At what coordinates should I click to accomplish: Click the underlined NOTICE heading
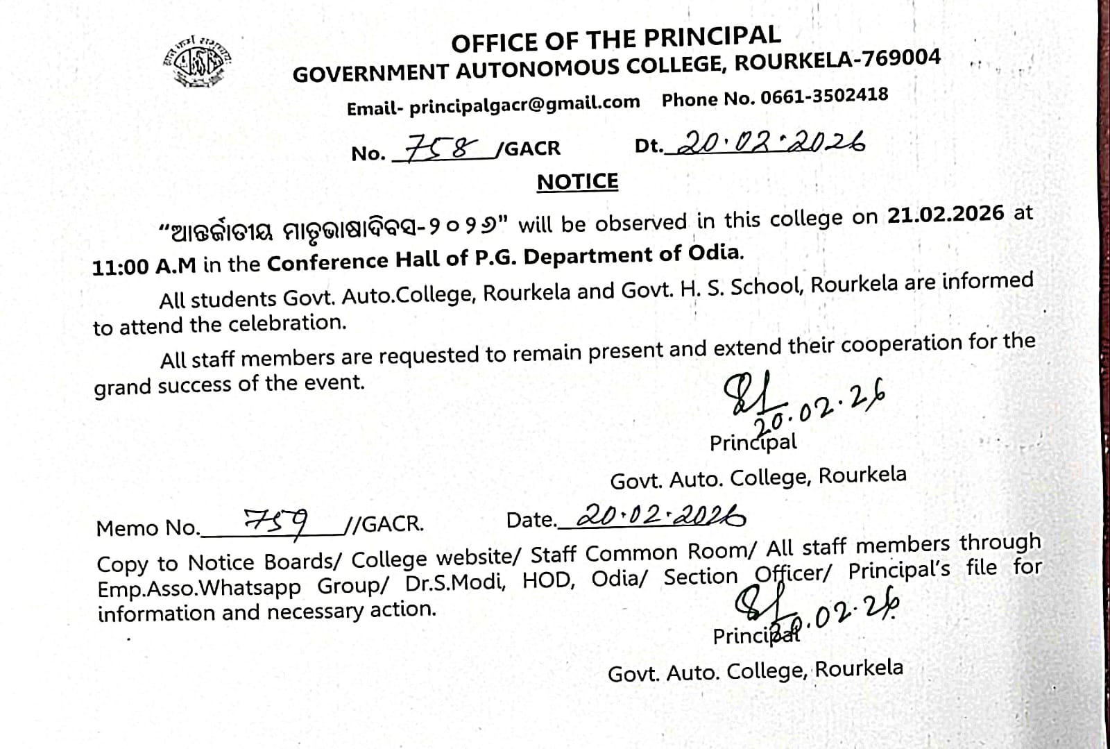pyautogui.click(x=577, y=182)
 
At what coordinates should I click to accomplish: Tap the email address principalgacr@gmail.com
pyautogui.click(x=524, y=105)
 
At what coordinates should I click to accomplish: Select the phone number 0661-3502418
pyautogui.click(x=824, y=96)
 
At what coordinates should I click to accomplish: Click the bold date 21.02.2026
pyautogui.click(x=945, y=214)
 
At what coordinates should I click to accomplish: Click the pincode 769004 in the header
pyautogui.click(x=901, y=58)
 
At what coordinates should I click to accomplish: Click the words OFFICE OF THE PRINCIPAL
pyautogui.click(x=615, y=39)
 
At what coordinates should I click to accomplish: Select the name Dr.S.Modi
pyautogui.click(x=454, y=582)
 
